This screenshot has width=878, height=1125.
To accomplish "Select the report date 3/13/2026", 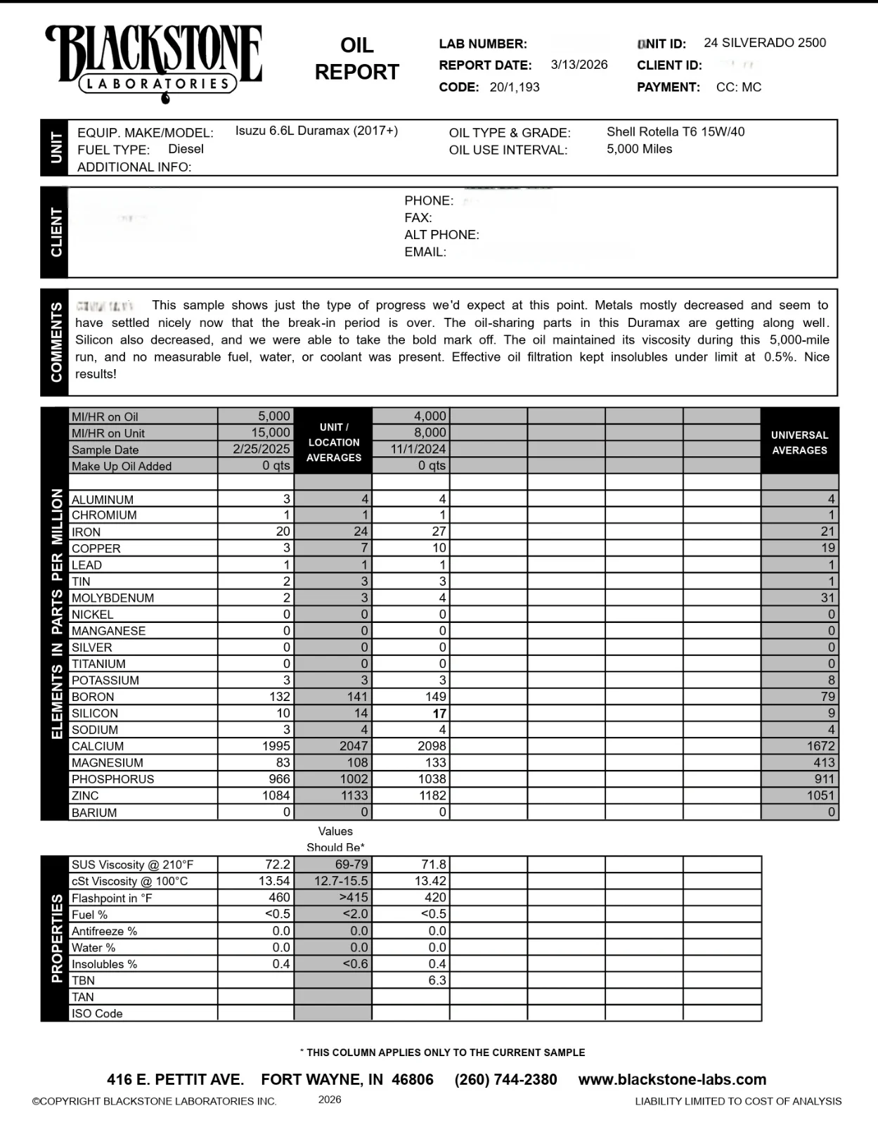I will pyautogui.click(x=579, y=65).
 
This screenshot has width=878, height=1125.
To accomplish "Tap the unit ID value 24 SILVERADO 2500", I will pyautogui.click(x=765, y=43).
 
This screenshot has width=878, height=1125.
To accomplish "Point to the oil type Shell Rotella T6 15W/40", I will pyautogui.click(x=675, y=131).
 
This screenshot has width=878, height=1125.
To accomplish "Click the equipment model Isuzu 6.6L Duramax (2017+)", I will pyautogui.click(x=316, y=131).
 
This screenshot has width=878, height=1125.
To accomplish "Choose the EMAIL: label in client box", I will pyautogui.click(x=425, y=252).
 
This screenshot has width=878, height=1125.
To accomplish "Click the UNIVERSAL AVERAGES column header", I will pyautogui.click(x=799, y=442).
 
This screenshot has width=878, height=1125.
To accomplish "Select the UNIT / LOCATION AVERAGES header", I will pyautogui.click(x=333, y=442).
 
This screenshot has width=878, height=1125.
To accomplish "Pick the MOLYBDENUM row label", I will pyautogui.click(x=112, y=598).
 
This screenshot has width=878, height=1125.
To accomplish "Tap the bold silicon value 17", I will pyautogui.click(x=439, y=714).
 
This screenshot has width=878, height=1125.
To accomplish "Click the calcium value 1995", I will pyautogui.click(x=276, y=746).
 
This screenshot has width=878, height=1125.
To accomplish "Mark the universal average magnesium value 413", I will pyautogui.click(x=824, y=762).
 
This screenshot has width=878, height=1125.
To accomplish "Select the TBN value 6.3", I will pyautogui.click(x=437, y=980).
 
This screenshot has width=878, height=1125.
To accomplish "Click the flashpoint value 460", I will pyautogui.click(x=279, y=897).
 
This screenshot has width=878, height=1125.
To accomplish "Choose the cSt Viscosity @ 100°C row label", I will pyautogui.click(x=129, y=881).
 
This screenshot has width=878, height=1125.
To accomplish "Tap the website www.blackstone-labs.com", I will pyautogui.click(x=672, y=1079).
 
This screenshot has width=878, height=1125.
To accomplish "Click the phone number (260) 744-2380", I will pyautogui.click(x=505, y=1079).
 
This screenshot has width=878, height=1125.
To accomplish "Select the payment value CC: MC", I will pyautogui.click(x=738, y=87).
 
